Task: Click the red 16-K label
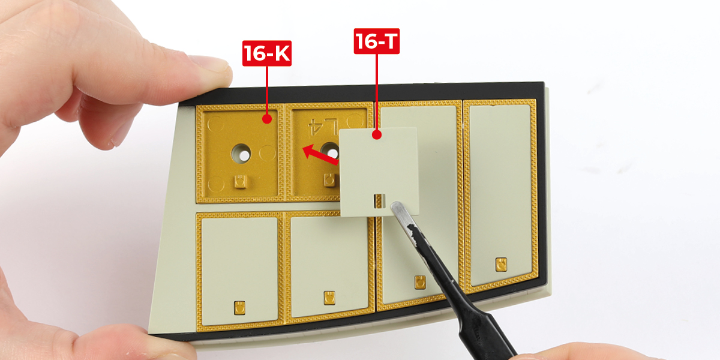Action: click(x=267, y=53)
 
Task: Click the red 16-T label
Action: click(x=376, y=41)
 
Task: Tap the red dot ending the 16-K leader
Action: click(x=267, y=119)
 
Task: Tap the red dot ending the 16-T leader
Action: click(x=377, y=134)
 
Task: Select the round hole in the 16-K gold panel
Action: click(x=241, y=154)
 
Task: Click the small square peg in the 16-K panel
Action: click(x=241, y=182)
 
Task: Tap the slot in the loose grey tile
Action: click(x=380, y=201)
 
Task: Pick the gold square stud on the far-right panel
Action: click(x=501, y=265)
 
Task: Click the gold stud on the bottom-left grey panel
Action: click(x=239, y=308)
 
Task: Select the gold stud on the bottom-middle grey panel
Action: click(x=329, y=298)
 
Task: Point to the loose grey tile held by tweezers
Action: click(x=379, y=172)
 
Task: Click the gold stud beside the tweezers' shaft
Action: click(x=420, y=283)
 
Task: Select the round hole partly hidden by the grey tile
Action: click(x=331, y=151)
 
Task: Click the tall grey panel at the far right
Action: click(x=500, y=194)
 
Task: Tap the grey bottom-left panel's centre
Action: click(x=239, y=269)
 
